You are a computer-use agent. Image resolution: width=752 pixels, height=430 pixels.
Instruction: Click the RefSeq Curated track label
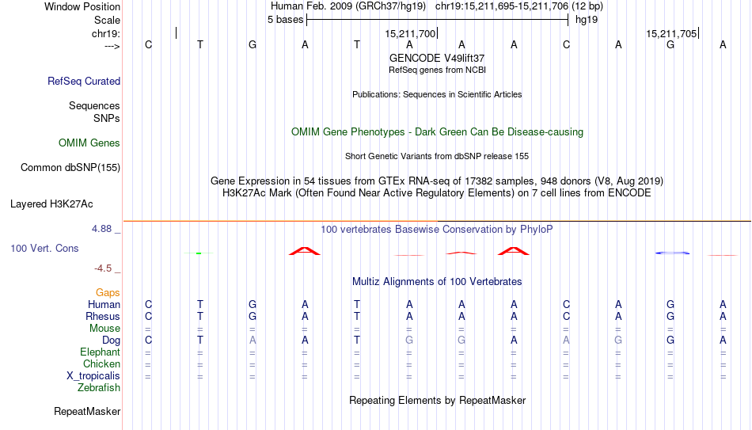pyautogui.click(x=84, y=81)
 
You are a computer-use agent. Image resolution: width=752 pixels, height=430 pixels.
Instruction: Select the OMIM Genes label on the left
pyautogui.click(x=89, y=143)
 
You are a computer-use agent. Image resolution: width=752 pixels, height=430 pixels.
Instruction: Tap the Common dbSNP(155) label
pyautogui.click(x=70, y=168)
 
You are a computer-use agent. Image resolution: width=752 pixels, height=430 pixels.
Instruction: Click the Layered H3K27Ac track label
pyautogui.click(x=51, y=204)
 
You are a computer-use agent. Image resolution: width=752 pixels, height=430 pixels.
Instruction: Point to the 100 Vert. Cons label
pyautogui.click(x=44, y=248)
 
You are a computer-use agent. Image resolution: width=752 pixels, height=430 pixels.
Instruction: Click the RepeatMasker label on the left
pyautogui.click(x=87, y=411)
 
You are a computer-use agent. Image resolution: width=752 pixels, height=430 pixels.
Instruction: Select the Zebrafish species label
pyautogui.click(x=99, y=387)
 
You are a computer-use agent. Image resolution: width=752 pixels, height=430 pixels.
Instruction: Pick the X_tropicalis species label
pyautogui.click(x=93, y=376)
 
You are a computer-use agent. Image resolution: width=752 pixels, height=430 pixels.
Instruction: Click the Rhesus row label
pyautogui.click(x=103, y=316)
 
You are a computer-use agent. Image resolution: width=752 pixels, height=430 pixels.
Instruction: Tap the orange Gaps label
pyautogui.click(x=108, y=293)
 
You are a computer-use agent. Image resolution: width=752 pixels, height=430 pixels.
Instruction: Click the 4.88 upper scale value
pyautogui.click(x=101, y=229)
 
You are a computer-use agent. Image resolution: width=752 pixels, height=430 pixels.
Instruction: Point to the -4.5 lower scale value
pyautogui.click(x=103, y=268)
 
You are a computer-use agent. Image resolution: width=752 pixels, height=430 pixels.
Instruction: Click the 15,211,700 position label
pyautogui.click(x=410, y=33)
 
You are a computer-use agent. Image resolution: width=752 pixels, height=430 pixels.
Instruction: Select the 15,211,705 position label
pyautogui.click(x=671, y=33)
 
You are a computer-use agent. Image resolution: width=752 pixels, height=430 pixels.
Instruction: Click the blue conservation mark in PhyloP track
pyautogui.click(x=672, y=253)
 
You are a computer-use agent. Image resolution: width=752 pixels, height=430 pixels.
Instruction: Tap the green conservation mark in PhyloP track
pyautogui.click(x=199, y=253)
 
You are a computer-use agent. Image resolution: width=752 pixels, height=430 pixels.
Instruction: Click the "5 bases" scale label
pyautogui.click(x=285, y=20)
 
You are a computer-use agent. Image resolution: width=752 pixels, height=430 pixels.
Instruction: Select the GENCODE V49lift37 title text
pyautogui.click(x=437, y=58)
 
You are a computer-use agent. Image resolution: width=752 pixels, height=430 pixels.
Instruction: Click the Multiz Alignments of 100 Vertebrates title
pyautogui.click(x=437, y=282)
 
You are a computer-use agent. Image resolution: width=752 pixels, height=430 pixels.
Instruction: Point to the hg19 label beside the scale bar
pyautogui.click(x=587, y=20)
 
